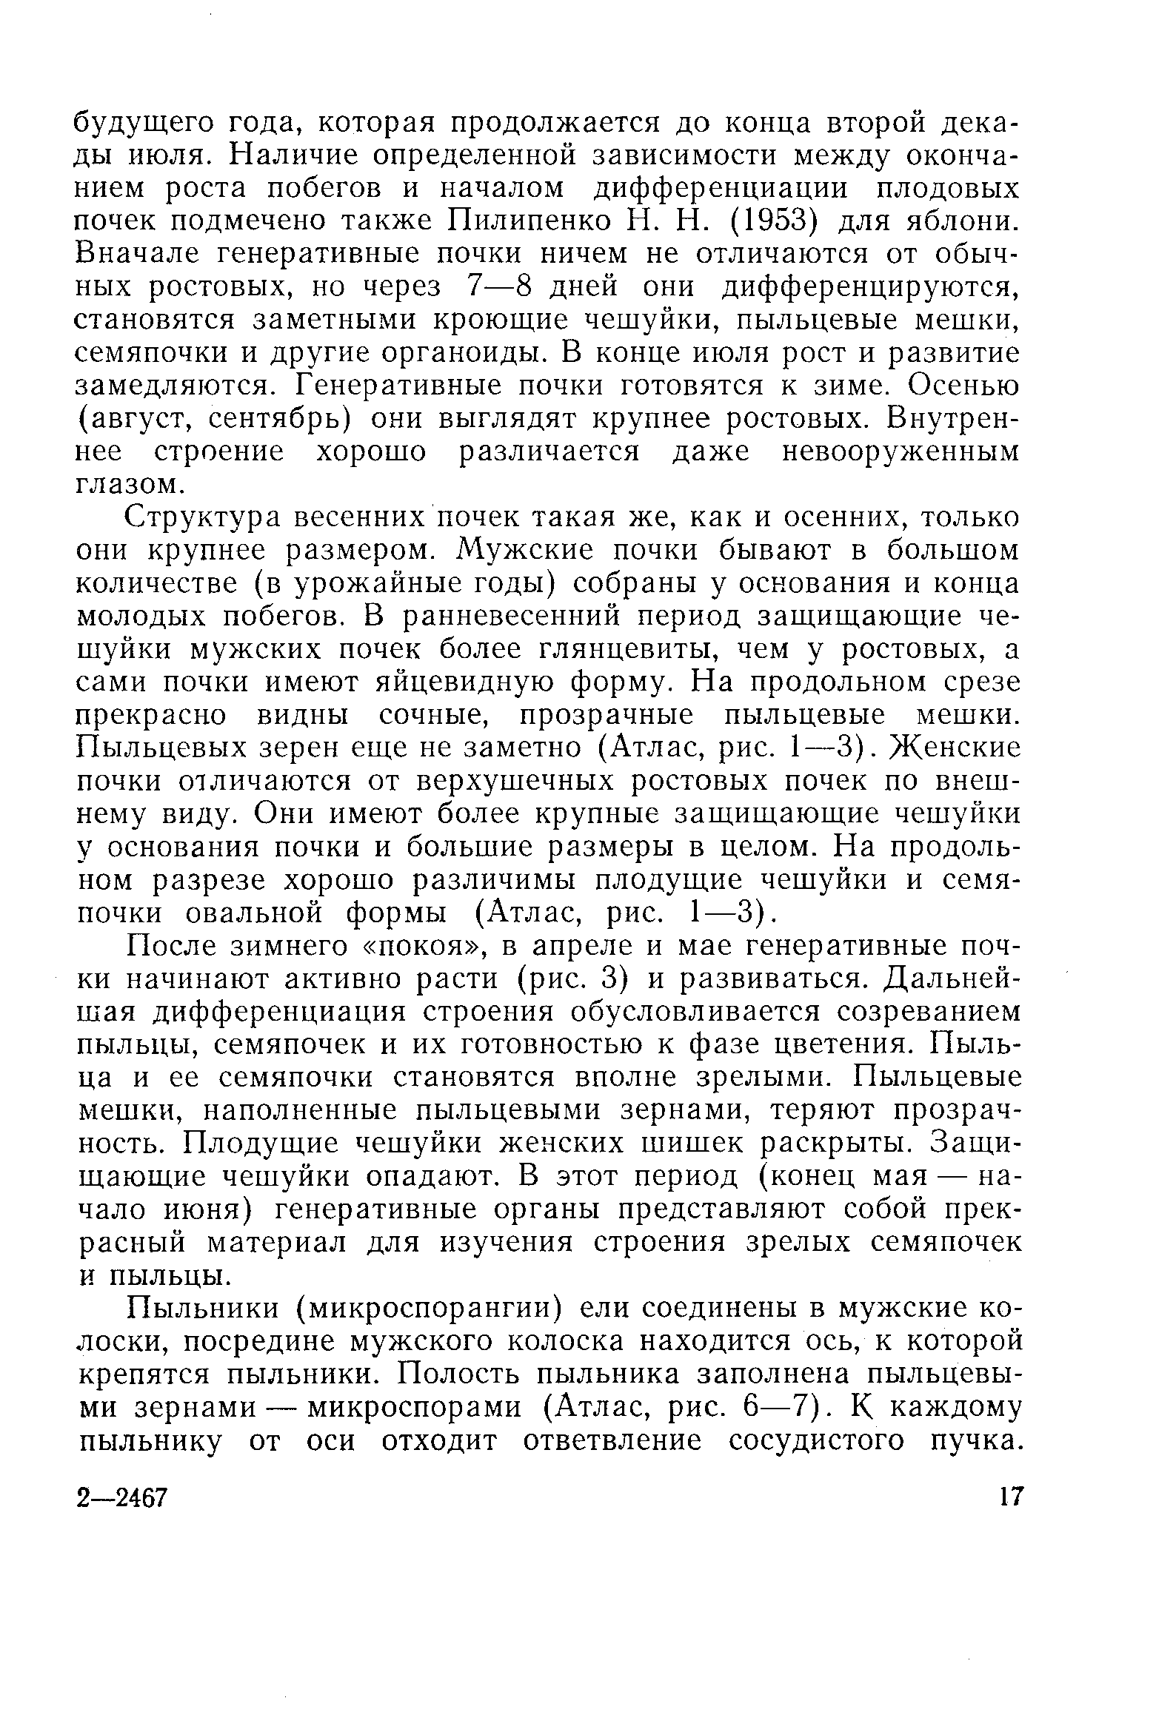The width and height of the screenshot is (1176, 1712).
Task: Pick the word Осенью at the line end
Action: pyautogui.click(x=962, y=386)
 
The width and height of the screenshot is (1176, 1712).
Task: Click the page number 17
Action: pyautogui.click(x=1009, y=1497)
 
